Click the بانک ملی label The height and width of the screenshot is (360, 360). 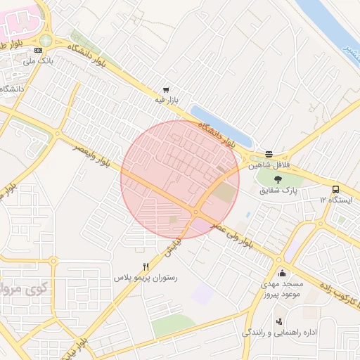39,61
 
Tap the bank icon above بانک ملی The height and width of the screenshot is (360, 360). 38,50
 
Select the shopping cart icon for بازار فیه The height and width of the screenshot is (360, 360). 166,89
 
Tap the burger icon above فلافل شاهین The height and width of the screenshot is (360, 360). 269,154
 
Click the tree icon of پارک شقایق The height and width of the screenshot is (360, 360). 279,179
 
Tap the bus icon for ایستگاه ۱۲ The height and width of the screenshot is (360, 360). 335,189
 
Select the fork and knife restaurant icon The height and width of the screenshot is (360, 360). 146,266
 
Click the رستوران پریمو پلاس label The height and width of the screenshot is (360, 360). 146,278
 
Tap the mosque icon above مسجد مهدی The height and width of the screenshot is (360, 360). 282,273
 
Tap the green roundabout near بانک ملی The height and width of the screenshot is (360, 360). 46,41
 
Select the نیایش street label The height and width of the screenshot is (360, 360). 173,243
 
